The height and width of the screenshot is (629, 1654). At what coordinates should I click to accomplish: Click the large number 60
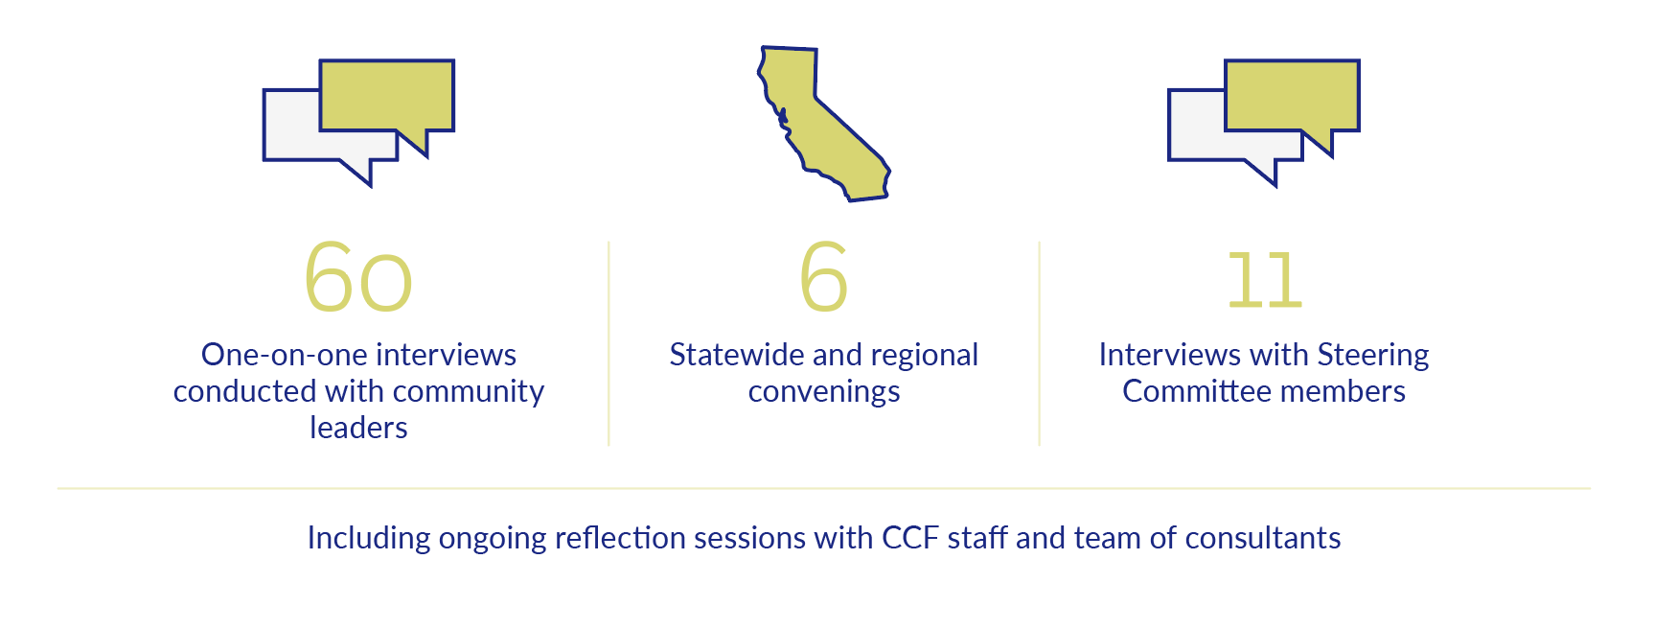pyautogui.click(x=358, y=277)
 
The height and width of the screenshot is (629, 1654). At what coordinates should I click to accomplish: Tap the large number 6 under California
pyautogui.click(x=824, y=276)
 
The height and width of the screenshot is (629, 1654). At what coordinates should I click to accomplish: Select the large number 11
pyautogui.click(x=1265, y=280)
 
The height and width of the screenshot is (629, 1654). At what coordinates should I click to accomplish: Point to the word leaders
pyautogui.click(x=358, y=428)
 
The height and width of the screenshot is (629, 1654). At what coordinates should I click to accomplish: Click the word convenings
pyautogui.click(x=824, y=391)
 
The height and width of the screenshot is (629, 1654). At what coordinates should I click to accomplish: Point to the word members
pyautogui.click(x=1344, y=391)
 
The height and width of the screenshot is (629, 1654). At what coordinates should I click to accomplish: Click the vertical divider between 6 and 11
pyautogui.click(x=1040, y=343)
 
